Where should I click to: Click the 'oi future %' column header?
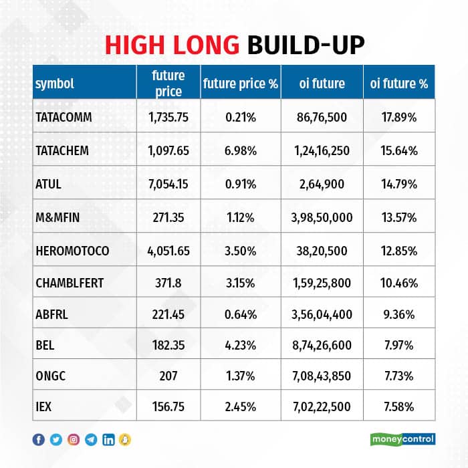click(x=399, y=84)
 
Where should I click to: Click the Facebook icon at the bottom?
click(x=39, y=439)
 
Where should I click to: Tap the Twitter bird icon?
click(x=56, y=439)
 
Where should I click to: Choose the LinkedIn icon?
click(x=108, y=439)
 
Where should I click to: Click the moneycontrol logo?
click(x=402, y=439)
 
